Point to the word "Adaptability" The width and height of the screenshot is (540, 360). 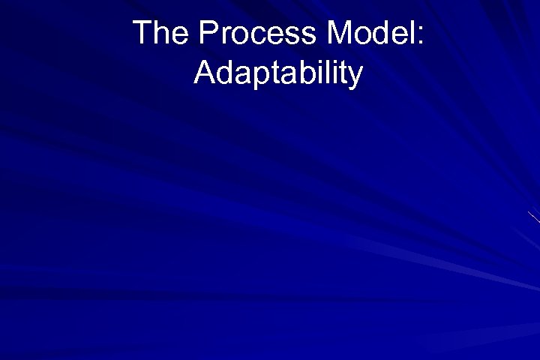coord(278,73)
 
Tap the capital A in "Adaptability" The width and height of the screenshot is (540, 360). coord(204,73)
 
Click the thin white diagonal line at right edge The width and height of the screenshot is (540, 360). coord(534,217)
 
